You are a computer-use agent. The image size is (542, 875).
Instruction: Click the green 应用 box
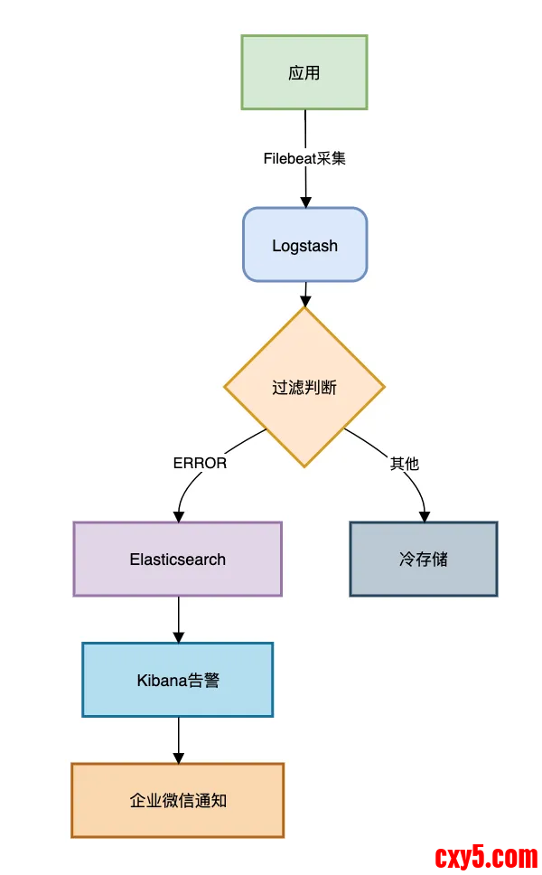(304, 72)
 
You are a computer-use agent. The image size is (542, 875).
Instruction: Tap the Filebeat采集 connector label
(304, 158)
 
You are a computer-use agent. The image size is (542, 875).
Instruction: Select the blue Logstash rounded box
(304, 245)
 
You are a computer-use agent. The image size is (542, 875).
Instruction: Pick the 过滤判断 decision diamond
(304, 387)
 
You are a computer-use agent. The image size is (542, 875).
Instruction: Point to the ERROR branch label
(200, 463)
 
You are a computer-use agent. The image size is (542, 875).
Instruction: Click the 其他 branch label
(404, 463)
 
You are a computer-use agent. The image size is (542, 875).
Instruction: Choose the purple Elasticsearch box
(177, 559)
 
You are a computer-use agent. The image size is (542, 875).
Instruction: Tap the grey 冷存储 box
(423, 559)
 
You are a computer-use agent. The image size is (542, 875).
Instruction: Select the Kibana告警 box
(177, 680)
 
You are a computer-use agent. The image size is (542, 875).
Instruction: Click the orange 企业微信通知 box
(177, 800)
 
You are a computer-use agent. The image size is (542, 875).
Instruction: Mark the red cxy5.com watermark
(486, 854)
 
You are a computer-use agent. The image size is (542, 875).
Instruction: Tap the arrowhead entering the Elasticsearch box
(179, 516)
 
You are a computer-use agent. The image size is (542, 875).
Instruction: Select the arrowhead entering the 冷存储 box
(424, 516)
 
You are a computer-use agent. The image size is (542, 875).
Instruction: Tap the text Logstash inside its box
(304, 245)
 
